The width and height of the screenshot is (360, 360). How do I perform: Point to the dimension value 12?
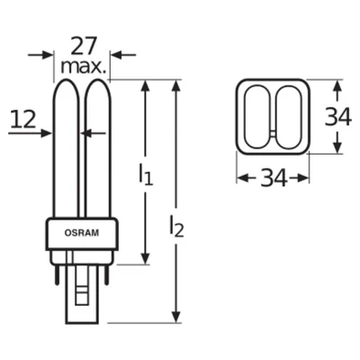(24, 117)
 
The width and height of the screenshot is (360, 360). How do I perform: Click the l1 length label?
(145, 175)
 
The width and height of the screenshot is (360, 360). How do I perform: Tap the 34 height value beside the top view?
(338, 116)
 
